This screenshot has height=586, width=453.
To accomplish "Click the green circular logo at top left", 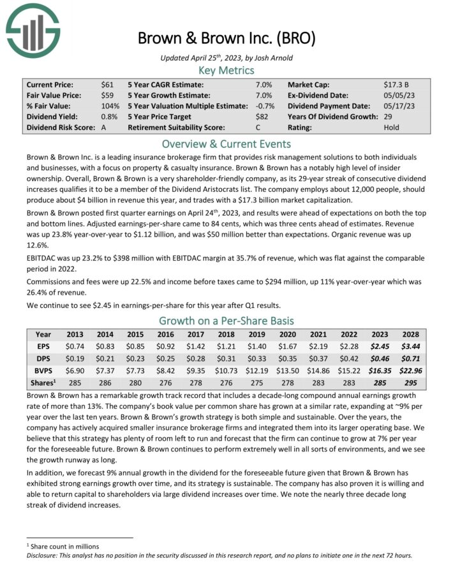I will click(x=33, y=29).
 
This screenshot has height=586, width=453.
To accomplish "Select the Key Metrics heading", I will click(x=226, y=70).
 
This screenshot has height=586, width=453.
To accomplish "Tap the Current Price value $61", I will click(x=107, y=84).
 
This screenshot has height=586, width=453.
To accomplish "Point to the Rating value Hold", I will click(x=392, y=128).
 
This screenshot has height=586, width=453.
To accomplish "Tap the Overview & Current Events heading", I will click(x=226, y=143).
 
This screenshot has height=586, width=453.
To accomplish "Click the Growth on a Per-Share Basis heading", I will click(x=226, y=320).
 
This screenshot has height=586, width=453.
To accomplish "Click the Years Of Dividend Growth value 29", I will click(x=388, y=117).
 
